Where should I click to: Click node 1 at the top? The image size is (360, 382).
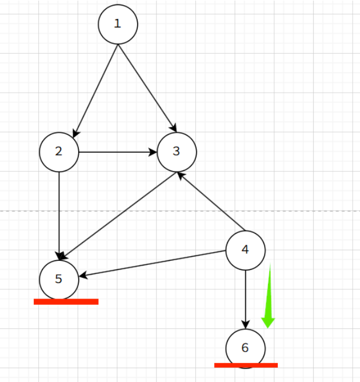click(x=118, y=24)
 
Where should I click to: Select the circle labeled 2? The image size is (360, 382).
click(x=59, y=152)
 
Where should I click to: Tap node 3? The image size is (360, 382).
click(x=177, y=152)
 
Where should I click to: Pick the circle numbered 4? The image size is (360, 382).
click(x=246, y=249)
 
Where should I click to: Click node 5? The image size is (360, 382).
click(x=59, y=278)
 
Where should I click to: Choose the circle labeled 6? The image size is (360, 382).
click(x=246, y=348)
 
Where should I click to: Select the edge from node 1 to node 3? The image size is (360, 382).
click(x=146, y=86)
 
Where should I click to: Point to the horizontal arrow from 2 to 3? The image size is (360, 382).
click(x=117, y=152)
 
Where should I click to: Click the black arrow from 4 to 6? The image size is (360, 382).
click(x=246, y=297)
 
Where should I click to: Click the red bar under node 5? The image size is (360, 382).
click(x=66, y=301)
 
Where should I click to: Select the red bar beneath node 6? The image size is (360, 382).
click(x=246, y=365)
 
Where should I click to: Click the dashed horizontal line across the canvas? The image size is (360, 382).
click(x=309, y=211)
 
